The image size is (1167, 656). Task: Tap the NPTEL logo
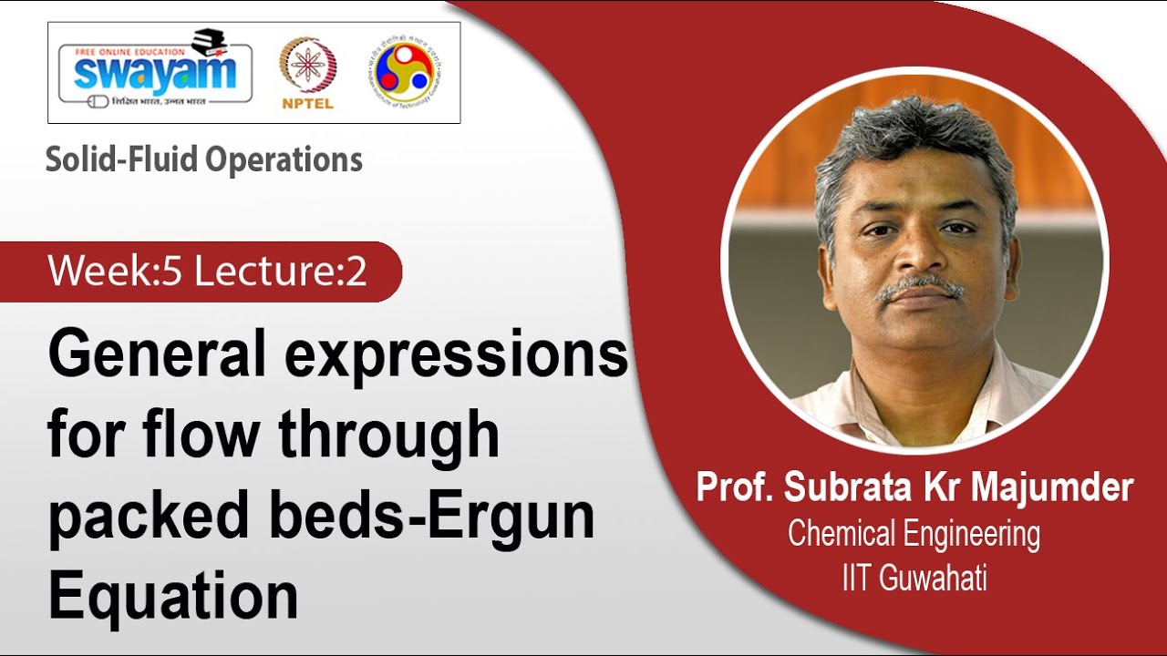[307, 73]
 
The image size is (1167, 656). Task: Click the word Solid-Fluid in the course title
[122, 160]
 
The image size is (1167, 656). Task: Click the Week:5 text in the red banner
[116, 272]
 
